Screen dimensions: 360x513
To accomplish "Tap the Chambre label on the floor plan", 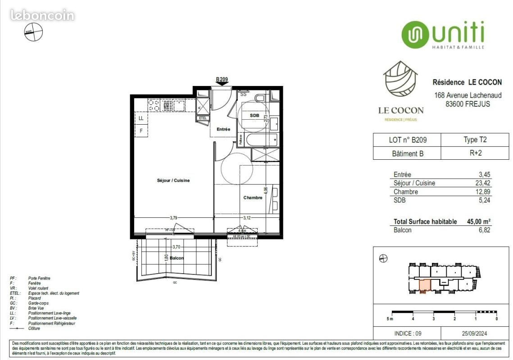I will click(253, 198).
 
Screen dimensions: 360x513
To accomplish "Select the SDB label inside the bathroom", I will click(254, 116).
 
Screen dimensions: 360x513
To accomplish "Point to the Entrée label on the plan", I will click(223, 130).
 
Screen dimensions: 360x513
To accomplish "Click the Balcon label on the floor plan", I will click(177, 258).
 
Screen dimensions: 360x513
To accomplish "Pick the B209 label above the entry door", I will click(222, 80).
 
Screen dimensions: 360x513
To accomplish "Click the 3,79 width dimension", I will click(173, 218).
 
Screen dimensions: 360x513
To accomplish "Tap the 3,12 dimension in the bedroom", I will click(247, 218).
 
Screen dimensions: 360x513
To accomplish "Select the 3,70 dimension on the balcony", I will click(177, 247).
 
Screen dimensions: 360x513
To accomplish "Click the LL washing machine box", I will click(141, 118).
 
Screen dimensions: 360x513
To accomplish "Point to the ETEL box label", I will click(202, 118).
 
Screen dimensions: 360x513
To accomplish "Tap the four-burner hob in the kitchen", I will click(154, 105).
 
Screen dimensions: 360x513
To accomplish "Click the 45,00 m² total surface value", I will click(479, 221).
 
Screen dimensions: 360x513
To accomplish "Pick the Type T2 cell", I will click(475, 140).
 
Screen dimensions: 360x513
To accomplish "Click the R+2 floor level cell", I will click(475, 153).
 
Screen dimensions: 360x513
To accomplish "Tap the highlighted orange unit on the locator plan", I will click(424, 285).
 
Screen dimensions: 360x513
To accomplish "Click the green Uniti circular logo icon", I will click(415, 35).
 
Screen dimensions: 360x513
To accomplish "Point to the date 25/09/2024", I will click(475, 333).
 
